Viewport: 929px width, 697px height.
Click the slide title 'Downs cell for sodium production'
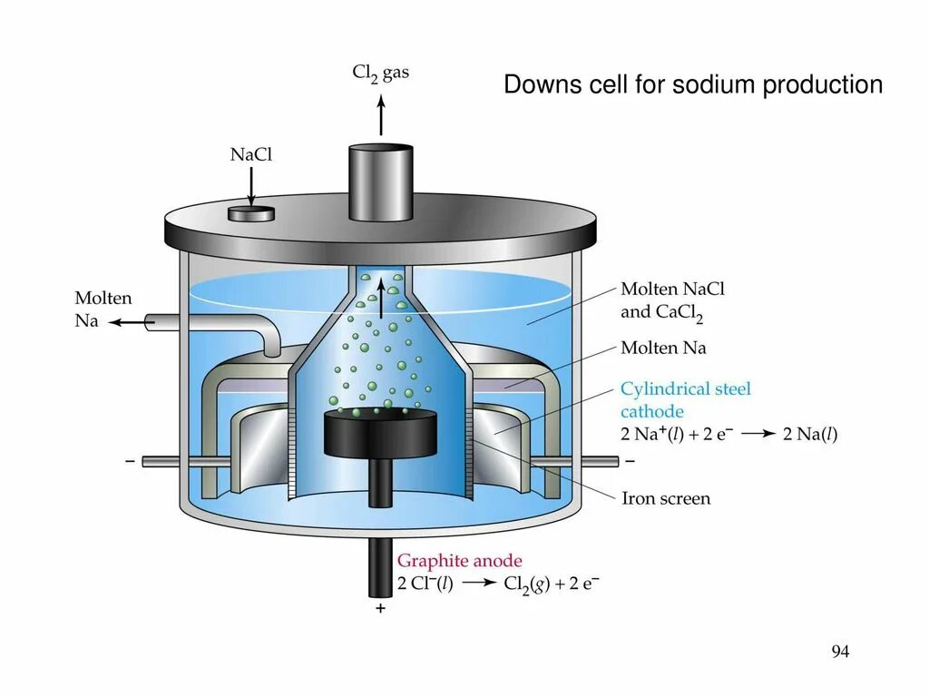693,85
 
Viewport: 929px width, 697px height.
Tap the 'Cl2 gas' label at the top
380,73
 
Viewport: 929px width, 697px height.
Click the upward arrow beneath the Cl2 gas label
381,115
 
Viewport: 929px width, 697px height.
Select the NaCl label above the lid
251,155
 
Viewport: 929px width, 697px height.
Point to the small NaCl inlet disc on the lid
251,213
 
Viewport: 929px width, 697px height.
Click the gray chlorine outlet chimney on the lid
381,182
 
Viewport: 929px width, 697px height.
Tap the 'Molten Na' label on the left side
103,309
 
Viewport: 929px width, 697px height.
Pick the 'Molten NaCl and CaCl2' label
672,301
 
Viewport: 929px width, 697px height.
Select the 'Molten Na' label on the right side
663,348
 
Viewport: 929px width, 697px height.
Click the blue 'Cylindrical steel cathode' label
686,399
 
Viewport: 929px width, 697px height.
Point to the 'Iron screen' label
666,498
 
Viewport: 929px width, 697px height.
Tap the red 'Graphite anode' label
460,561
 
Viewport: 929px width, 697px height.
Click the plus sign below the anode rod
380,609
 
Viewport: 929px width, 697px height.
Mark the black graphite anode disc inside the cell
381,433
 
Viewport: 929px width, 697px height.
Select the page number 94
840,652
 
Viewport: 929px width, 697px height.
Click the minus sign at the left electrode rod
130,461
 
